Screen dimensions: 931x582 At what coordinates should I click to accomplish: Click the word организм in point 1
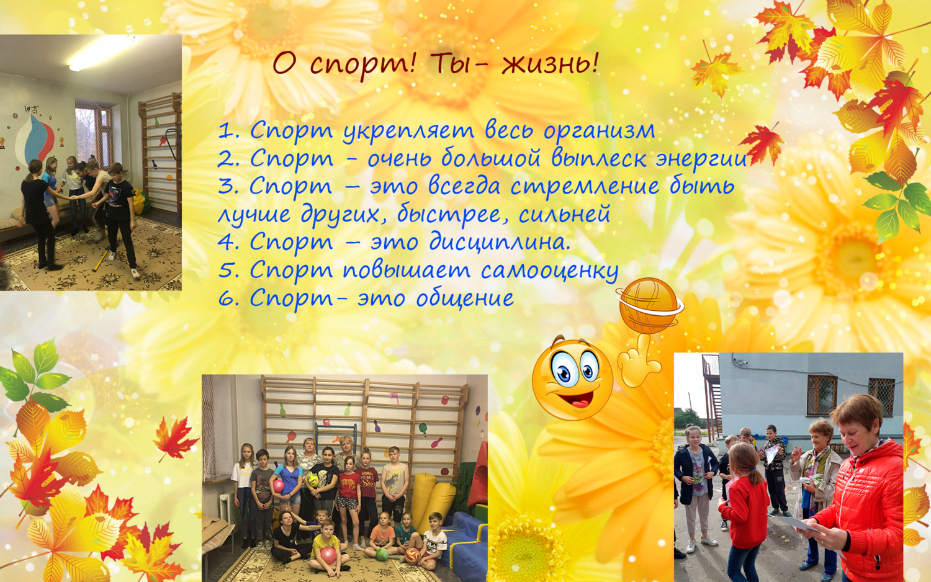(599, 132)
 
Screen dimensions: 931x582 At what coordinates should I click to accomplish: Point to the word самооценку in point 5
(550, 271)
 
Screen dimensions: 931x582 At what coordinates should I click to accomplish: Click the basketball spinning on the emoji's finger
(649, 306)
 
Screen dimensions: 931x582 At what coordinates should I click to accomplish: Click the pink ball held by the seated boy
(328, 555)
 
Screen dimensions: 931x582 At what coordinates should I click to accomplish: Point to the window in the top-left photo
(94, 135)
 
